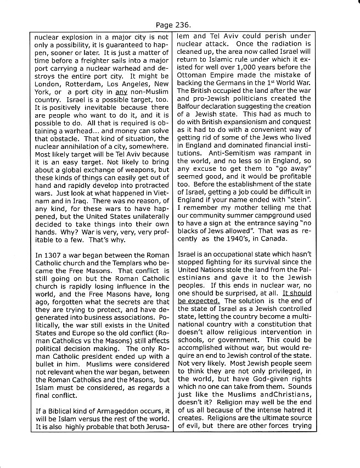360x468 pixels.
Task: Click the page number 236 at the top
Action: [x=184, y=25]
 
